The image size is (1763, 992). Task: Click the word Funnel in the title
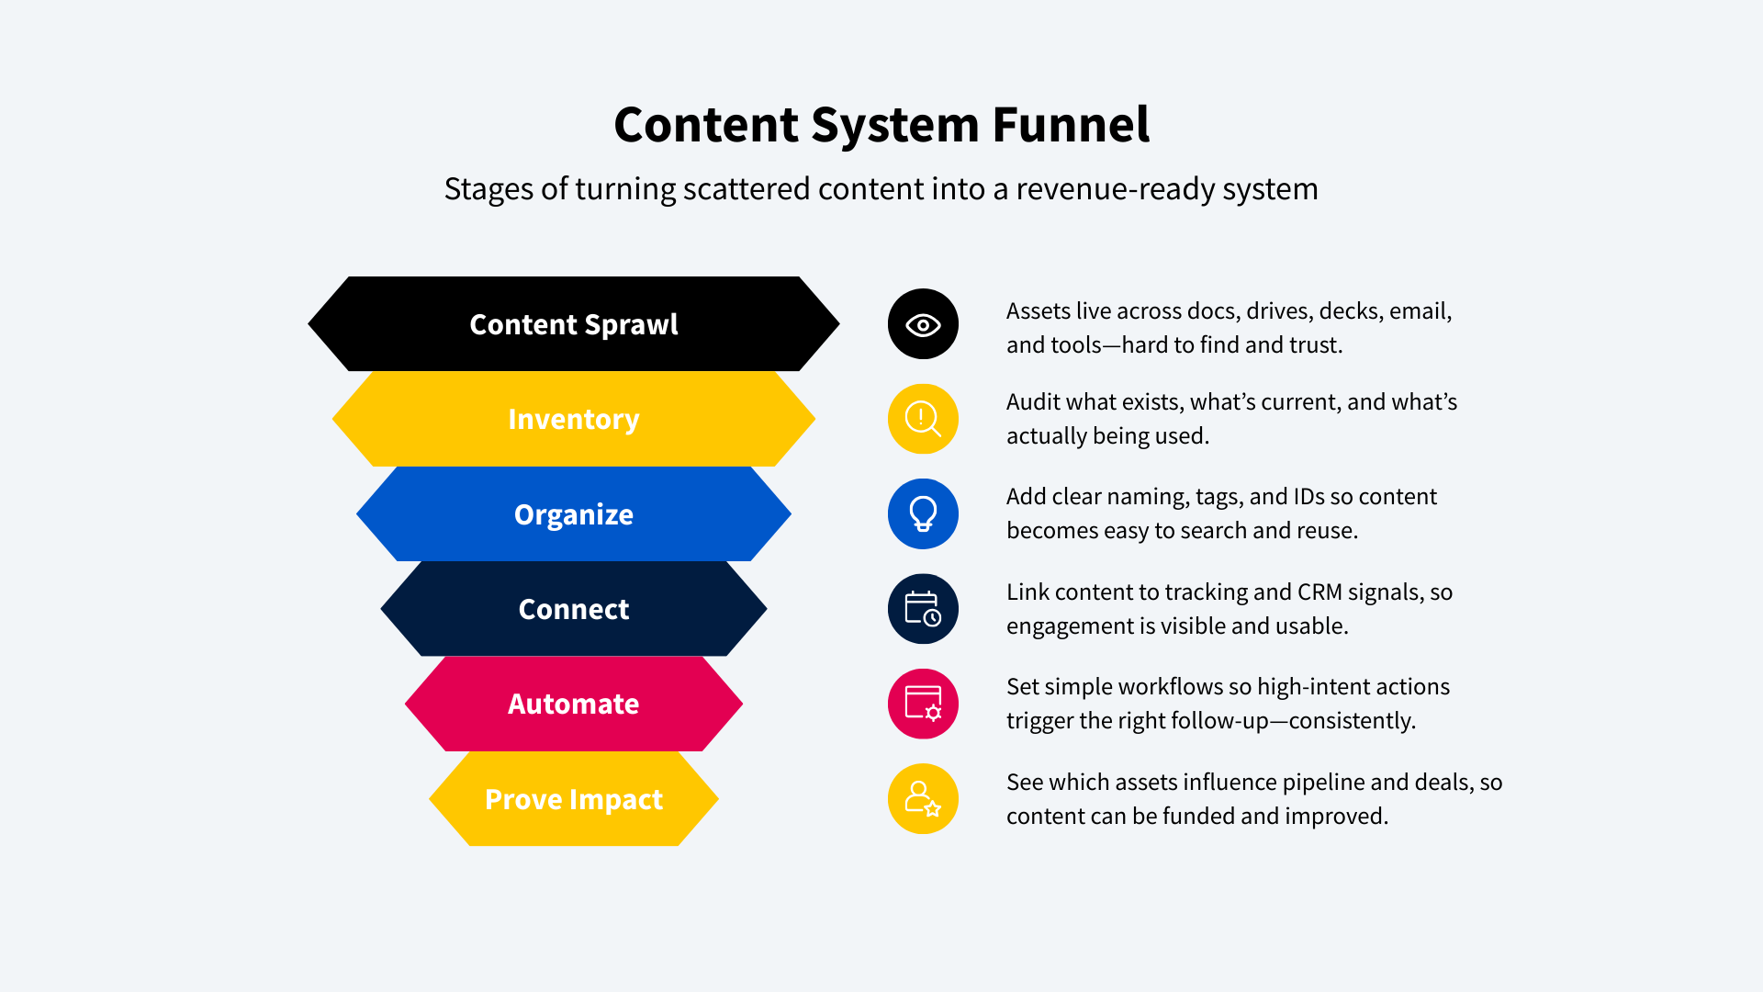(x=1071, y=125)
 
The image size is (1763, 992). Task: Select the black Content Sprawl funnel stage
(x=574, y=323)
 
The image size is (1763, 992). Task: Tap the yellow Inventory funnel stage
(x=574, y=419)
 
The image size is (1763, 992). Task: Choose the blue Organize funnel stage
(x=574, y=513)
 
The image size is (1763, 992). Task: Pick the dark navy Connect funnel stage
(x=574, y=609)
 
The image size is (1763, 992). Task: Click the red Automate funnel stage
(x=574, y=704)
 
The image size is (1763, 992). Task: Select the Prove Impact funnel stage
(x=574, y=799)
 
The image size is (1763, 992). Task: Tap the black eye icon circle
(x=923, y=324)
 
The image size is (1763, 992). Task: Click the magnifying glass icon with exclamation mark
(x=923, y=419)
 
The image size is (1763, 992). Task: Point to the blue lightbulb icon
(x=923, y=513)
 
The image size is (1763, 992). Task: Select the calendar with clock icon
(x=923, y=609)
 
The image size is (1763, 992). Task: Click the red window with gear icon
(x=923, y=704)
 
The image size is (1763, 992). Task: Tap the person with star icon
(x=923, y=799)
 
